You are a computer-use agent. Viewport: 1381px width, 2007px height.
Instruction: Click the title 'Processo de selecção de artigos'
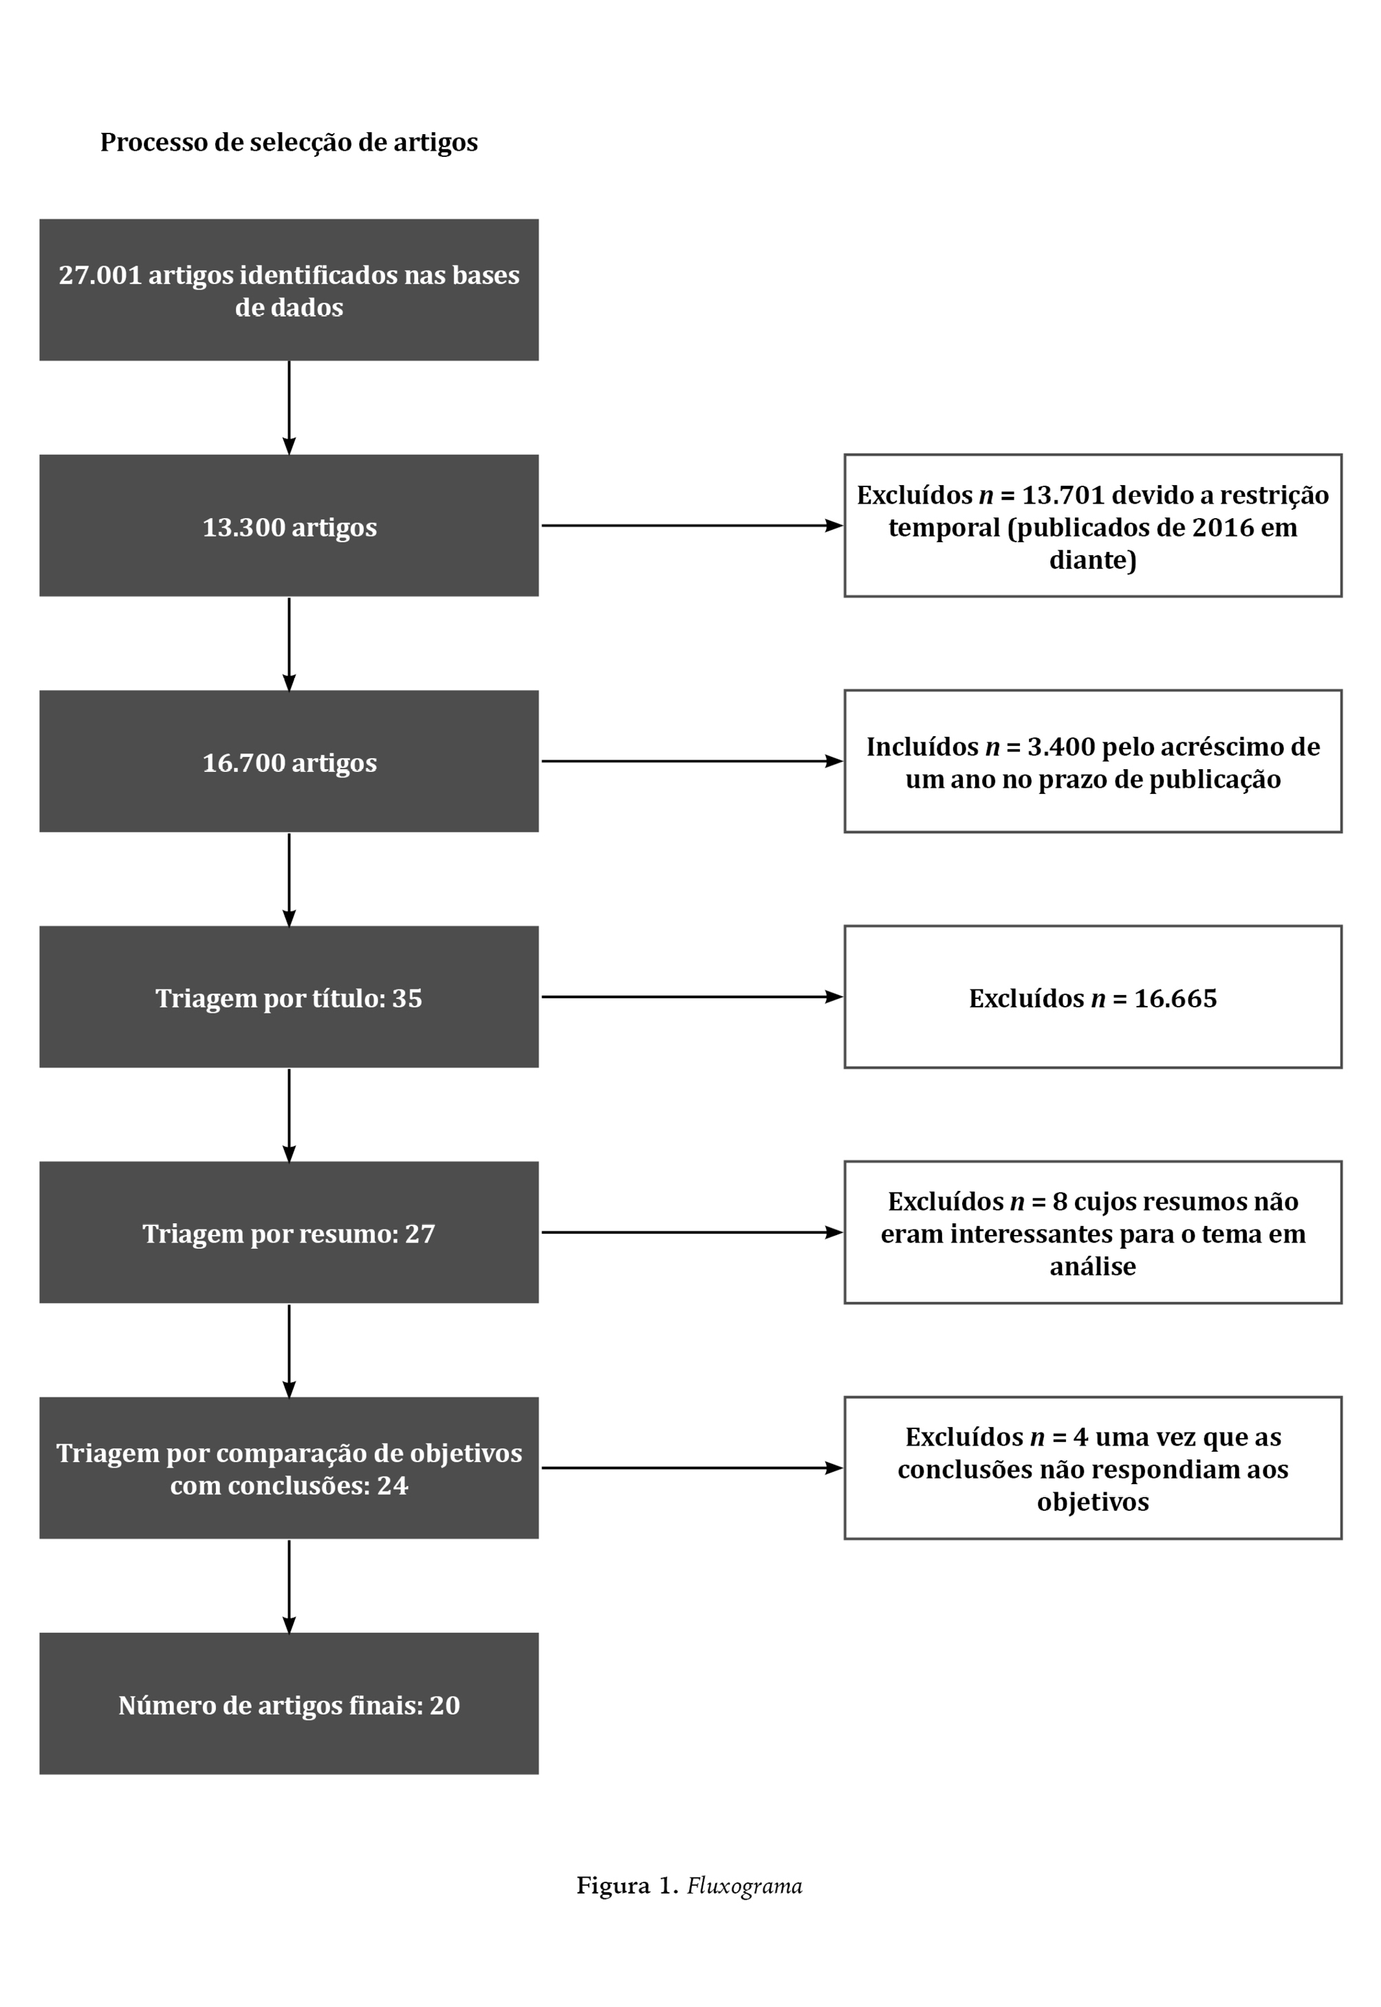[x=289, y=143]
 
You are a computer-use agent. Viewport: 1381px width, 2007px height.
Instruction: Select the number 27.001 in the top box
[x=100, y=275]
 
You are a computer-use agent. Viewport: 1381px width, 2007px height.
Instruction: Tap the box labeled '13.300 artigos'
[x=289, y=526]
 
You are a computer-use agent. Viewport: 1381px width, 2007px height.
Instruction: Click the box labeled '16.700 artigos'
[x=289, y=761]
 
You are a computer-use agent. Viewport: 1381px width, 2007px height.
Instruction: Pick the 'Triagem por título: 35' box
[x=289, y=996]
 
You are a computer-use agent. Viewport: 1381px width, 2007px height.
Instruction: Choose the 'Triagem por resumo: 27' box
[x=289, y=1232]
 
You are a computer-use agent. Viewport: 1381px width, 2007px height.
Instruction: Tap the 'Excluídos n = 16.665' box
[x=1093, y=996]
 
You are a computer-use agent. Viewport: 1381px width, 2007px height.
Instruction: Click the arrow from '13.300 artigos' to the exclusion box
[x=693, y=526]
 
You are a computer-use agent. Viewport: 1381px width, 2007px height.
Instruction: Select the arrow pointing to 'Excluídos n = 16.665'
[x=693, y=996]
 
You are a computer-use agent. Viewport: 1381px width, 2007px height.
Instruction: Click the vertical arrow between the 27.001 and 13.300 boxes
[x=289, y=407]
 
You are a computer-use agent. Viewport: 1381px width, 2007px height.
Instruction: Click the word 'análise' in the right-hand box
[x=1093, y=1266]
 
